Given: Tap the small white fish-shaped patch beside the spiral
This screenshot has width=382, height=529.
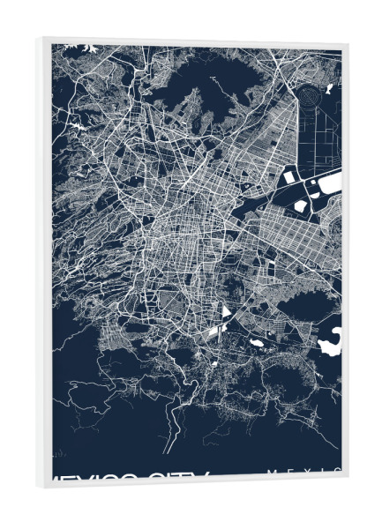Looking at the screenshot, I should point(327,88).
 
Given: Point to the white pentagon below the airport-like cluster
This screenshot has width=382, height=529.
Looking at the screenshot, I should point(301,205).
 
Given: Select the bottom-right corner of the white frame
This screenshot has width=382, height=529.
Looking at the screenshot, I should point(348,484).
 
